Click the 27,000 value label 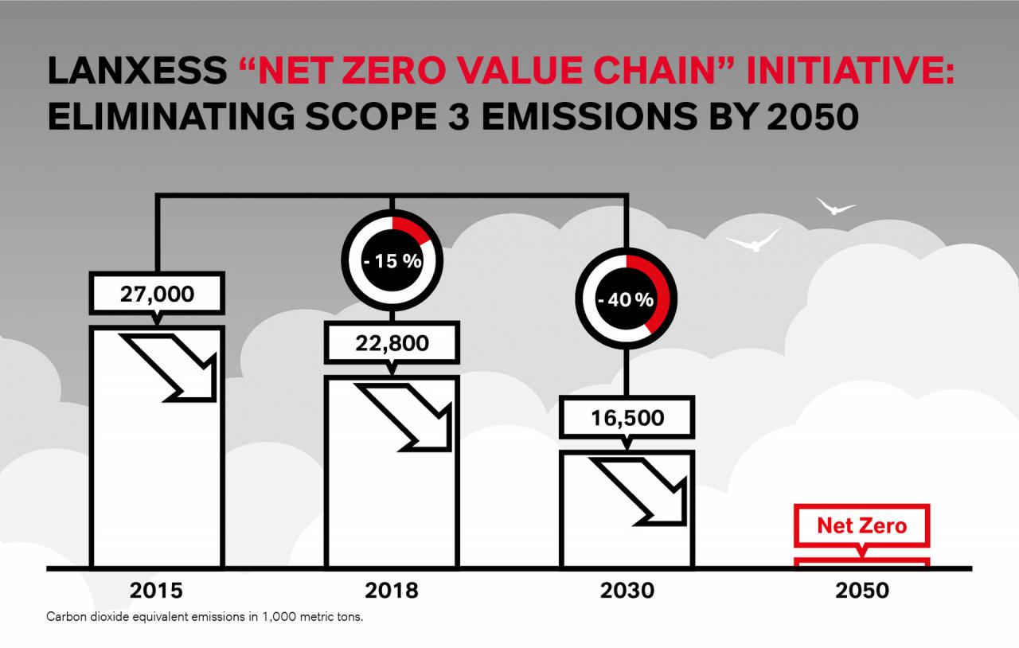click(x=157, y=294)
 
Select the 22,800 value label click(x=391, y=343)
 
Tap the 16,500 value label click(x=627, y=417)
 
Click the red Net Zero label click(x=862, y=525)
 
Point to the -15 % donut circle click(x=391, y=260)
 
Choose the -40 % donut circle click(x=627, y=299)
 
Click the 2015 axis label click(x=156, y=591)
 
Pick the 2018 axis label click(x=392, y=591)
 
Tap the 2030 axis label click(x=627, y=591)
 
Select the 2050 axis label click(x=862, y=591)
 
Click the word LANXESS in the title click(x=138, y=72)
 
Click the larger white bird click(x=752, y=240)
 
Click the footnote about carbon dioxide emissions click(x=205, y=617)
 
